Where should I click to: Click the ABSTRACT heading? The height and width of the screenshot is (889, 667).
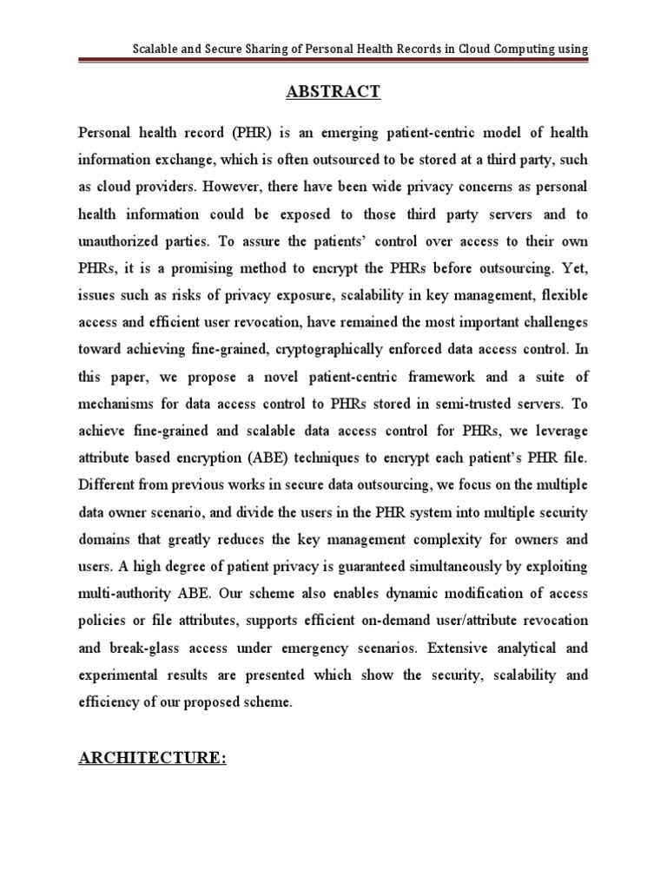click(x=333, y=92)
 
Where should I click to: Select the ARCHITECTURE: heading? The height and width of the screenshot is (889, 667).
click(x=153, y=758)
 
